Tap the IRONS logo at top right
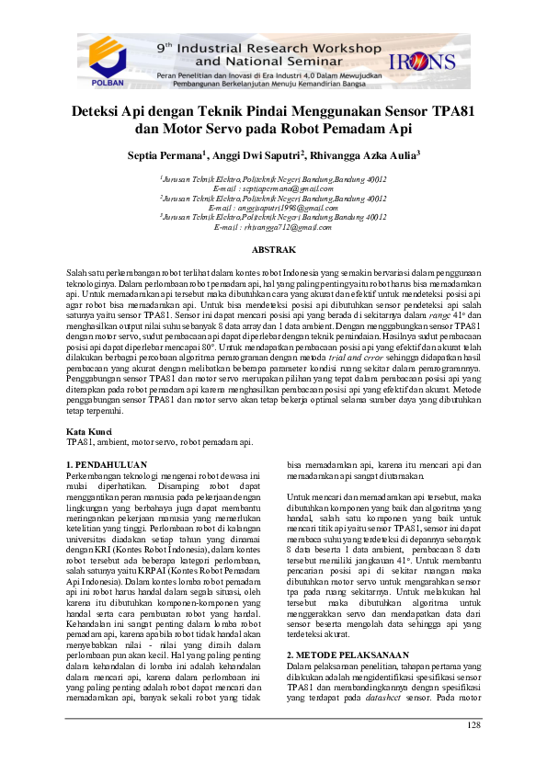click(x=423, y=62)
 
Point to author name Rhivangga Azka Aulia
click(x=364, y=155)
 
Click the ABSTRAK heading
click(x=273, y=250)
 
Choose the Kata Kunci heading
click(x=89, y=431)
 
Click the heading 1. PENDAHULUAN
click(x=106, y=465)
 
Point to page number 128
click(x=473, y=751)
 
